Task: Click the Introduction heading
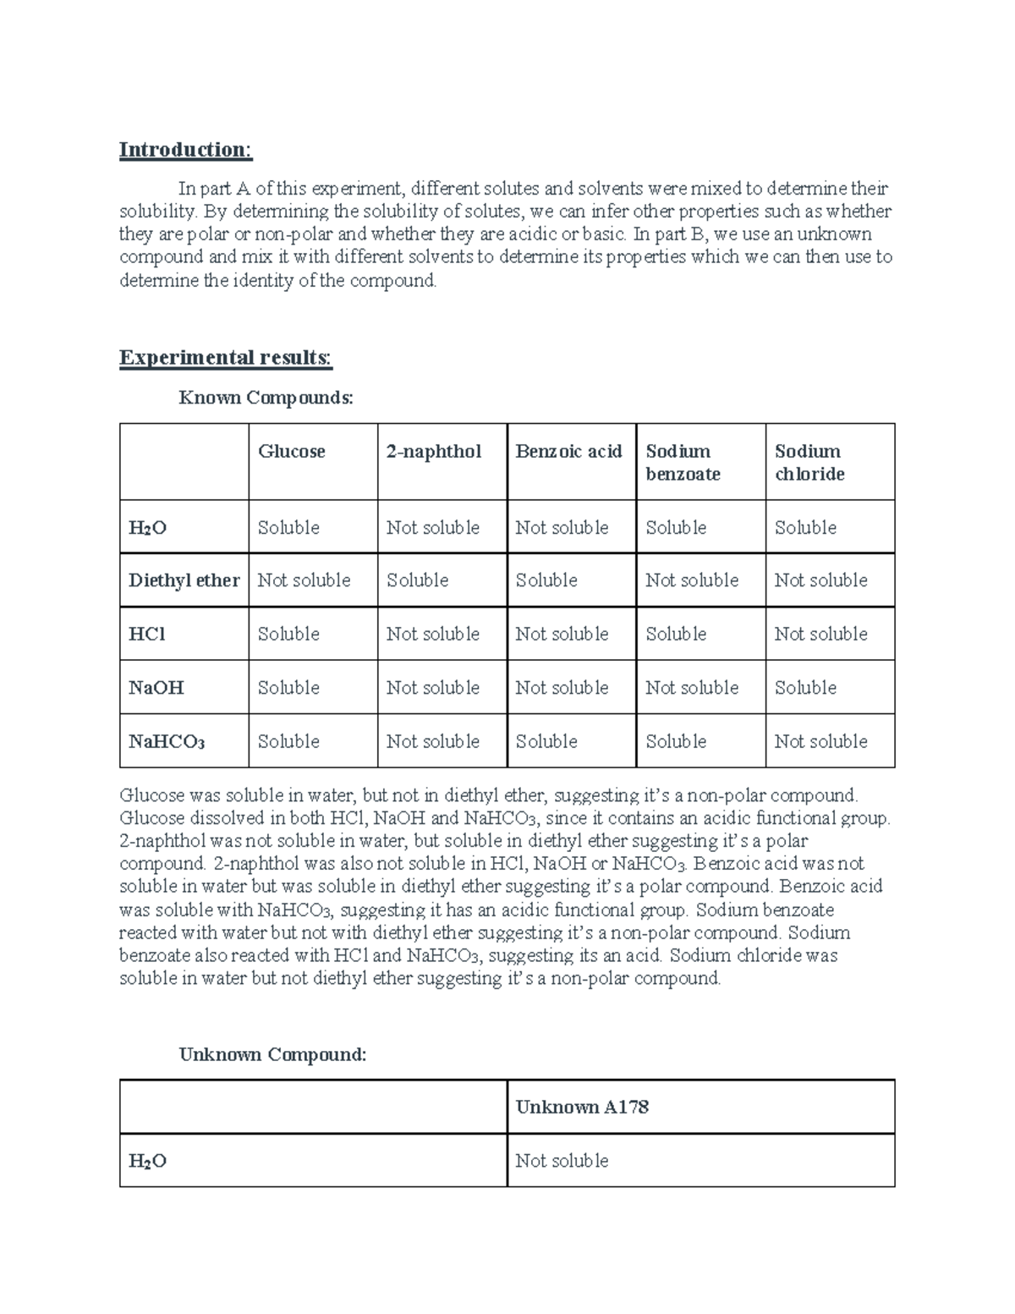pos(185,150)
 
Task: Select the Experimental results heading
pos(226,358)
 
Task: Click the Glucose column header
pos(291,452)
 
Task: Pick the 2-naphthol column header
pos(434,452)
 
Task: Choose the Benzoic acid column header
pos(568,452)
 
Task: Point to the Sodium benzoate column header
pos(683,462)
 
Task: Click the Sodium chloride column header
pos(809,462)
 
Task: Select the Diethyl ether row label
pos(184,580)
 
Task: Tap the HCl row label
pos(146,634)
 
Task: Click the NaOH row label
pos(156,688)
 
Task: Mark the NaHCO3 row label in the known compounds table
pos(167,742)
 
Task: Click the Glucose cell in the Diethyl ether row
pos(304,580)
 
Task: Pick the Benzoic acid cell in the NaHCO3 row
pos(546,742)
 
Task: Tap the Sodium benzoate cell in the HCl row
pos(676,634)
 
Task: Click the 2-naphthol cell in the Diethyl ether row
pos(417,580)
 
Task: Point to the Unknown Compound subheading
pos(272,1054)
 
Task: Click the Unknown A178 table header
pos(582,1107)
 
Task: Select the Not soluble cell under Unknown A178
pos(562,1161)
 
